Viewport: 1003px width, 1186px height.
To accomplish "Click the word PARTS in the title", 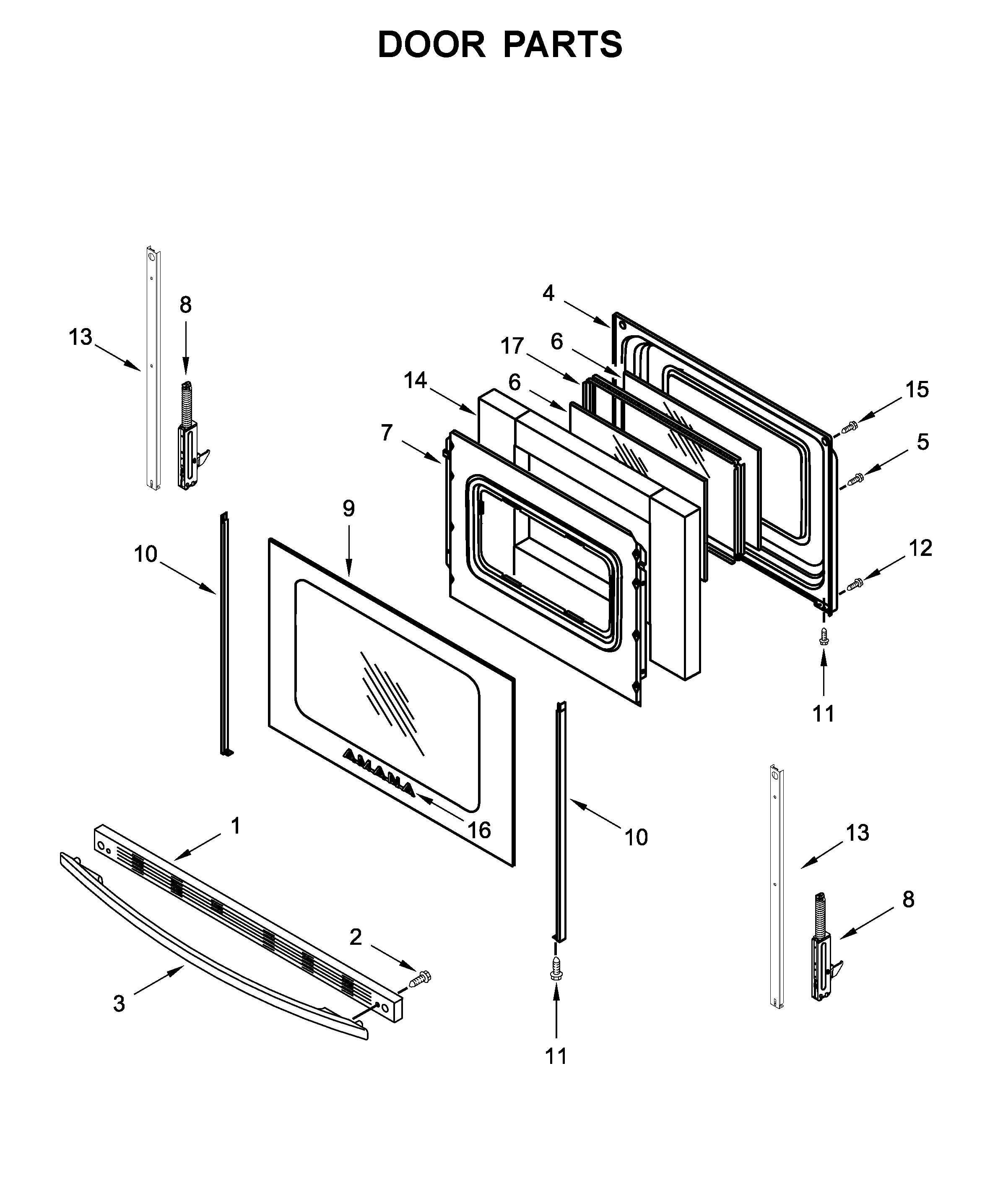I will click(x=562, y=45).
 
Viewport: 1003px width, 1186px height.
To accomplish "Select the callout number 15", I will click(x=917, y=390).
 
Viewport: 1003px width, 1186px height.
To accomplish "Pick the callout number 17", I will click(x=512, y=346).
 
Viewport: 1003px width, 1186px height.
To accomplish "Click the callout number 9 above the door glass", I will click(x=348, y=508).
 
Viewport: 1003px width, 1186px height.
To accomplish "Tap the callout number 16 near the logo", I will click(x=479, y=831).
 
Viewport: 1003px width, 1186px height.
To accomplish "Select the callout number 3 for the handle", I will click(x=119, y=1004).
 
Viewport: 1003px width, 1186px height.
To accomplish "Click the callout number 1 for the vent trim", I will click(x=235, y=826).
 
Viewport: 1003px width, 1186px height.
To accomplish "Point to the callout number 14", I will click(x=416, y=380).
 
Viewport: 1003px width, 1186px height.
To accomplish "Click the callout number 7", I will click(x=387, y=433).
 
